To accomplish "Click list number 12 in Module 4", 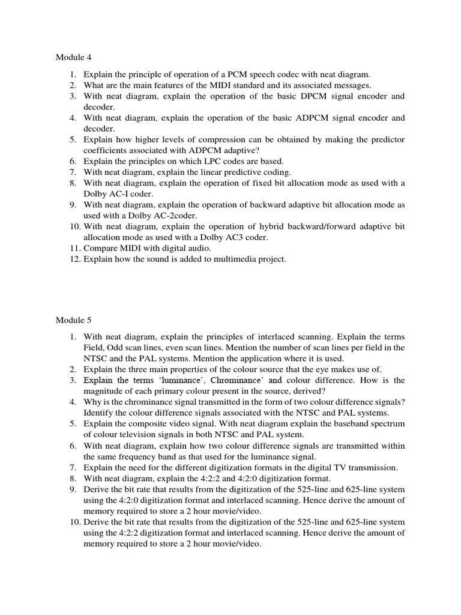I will (73, 259).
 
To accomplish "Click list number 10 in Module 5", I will (73, 521).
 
